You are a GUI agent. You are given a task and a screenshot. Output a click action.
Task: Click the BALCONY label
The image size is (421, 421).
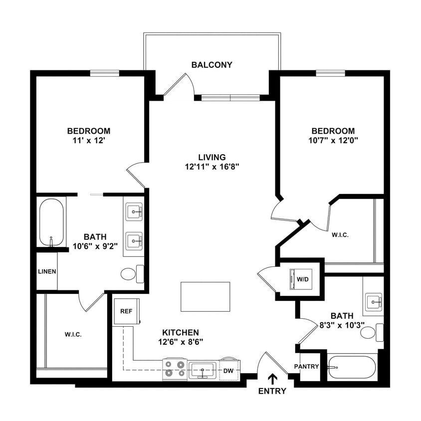[211, 65]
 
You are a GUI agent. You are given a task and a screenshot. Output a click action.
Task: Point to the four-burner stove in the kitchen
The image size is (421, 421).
[175, 369]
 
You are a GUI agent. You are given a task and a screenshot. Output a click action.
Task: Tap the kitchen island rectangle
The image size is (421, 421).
[206, 296]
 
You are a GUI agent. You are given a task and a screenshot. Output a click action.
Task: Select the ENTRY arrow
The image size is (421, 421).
[272, 379]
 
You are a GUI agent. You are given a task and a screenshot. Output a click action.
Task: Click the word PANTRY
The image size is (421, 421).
[306, 367]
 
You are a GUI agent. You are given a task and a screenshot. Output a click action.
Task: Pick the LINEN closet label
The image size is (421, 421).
[47, 272]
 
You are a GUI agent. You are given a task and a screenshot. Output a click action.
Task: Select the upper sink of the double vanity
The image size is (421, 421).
[134, 212]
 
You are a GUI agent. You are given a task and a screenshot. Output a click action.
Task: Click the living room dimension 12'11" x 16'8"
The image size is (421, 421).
[212, 167]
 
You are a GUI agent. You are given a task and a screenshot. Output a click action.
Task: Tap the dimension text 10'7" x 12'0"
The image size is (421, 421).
[331, 140]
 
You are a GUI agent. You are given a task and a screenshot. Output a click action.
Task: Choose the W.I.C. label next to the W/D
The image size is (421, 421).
[340, 235]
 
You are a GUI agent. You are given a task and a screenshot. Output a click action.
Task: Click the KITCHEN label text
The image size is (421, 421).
[181, 332]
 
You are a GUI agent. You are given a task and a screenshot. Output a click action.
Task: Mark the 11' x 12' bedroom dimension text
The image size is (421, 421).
[90, 141]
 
